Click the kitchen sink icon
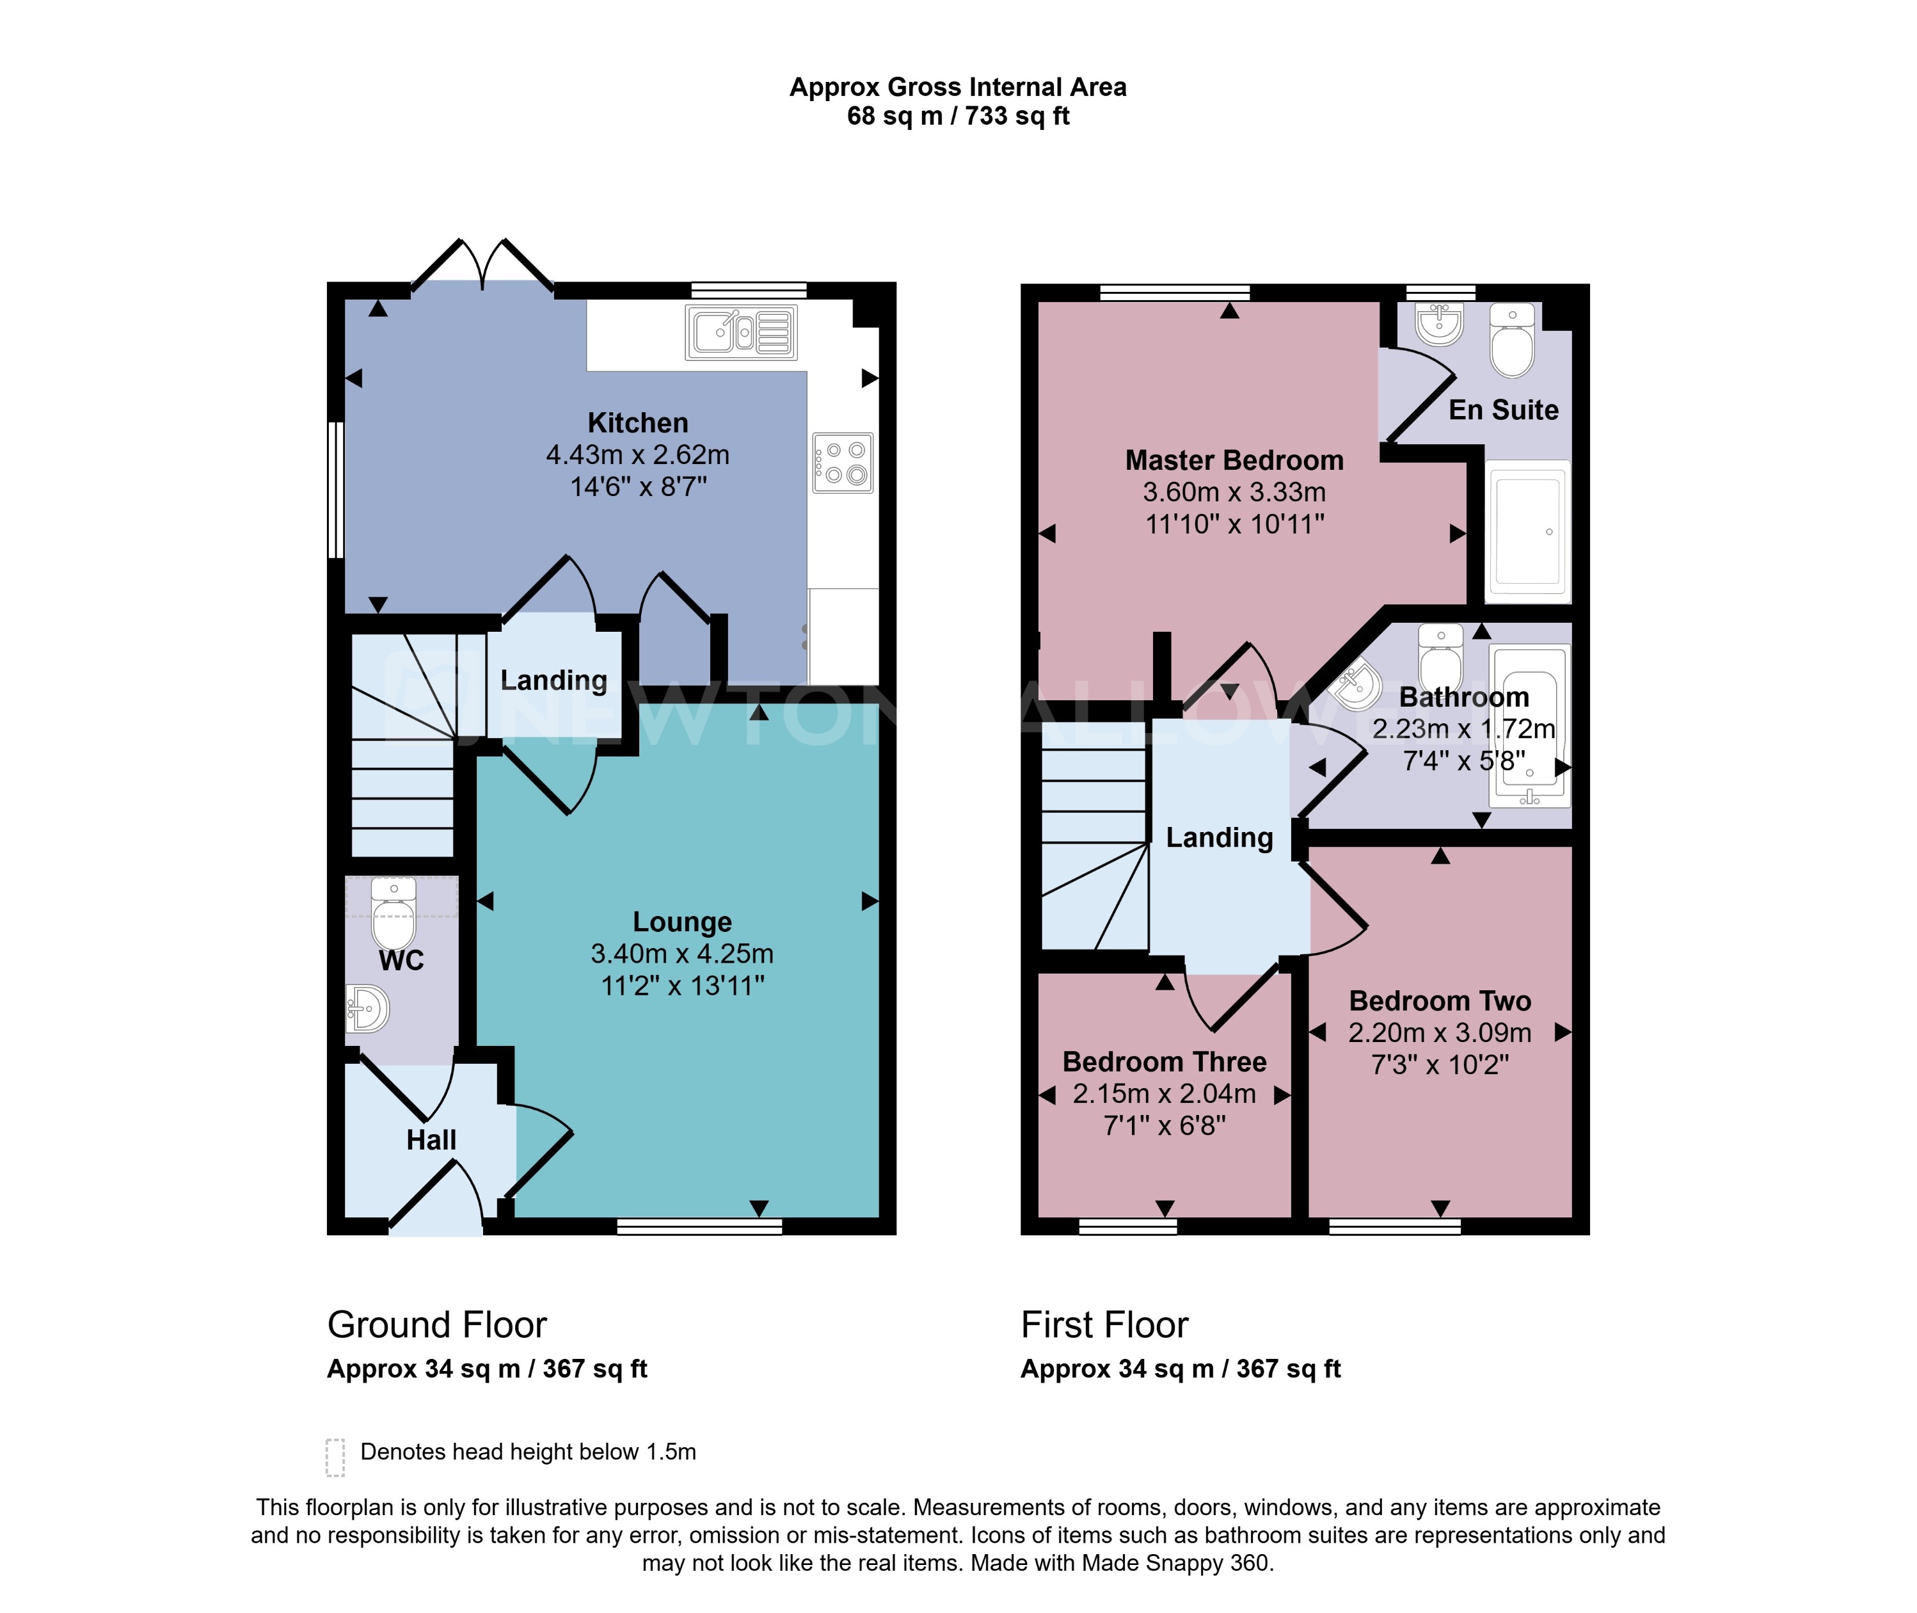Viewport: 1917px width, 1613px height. (x=740, y=332)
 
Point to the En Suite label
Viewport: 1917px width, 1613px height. (x=1503, y=410)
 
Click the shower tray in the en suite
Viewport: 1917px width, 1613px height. (x=1527, y=531)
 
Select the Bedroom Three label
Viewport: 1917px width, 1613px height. (x=1164, y=1062)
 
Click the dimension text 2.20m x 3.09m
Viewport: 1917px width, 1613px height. (x=1439, y=1032)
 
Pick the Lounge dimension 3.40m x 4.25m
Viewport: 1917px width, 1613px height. (x=682, y=954)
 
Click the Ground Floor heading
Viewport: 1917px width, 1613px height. (x=437, y=1324)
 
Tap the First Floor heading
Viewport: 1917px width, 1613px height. (x=1104, y=1324)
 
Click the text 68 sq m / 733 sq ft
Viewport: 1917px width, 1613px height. (x=958, y=116)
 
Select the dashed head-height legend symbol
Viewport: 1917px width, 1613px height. (x=335, y=1457)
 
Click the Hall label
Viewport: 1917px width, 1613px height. (x=431, y=1139)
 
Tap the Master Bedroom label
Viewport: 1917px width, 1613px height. (x=1234, y=460)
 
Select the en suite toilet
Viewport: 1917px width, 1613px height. (x=1512, y=342)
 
